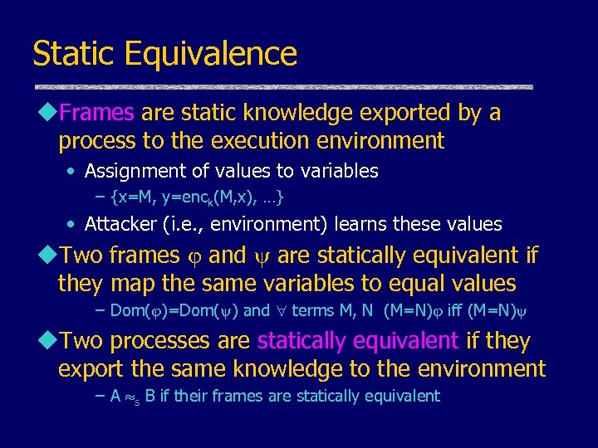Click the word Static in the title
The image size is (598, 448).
72,54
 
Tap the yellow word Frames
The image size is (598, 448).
97,113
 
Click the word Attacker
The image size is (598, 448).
120,224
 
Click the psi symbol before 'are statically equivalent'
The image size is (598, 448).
267,256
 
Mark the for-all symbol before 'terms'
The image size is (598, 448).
282,311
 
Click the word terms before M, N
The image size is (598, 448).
311,311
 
